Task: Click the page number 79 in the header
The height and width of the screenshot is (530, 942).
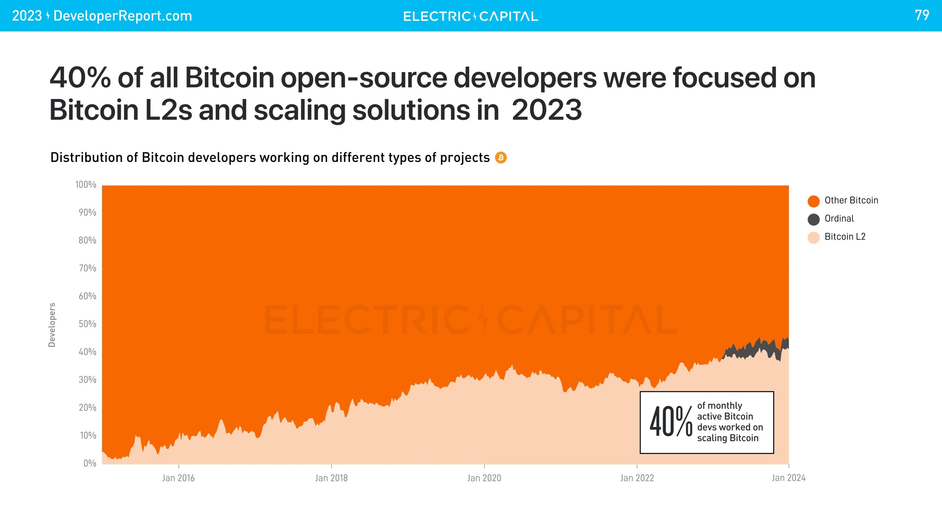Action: coord(922,15)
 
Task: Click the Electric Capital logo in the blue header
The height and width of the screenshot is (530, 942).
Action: coord(470,16)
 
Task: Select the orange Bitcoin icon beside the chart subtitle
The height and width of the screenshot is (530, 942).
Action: coord(501,158)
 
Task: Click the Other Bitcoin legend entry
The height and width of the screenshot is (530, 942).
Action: coord(851,201)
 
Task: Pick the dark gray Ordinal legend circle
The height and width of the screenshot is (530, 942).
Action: coord(813,219)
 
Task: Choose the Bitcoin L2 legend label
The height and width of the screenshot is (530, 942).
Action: coord(845,237)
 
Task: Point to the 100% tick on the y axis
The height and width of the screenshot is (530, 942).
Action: coord(86,185)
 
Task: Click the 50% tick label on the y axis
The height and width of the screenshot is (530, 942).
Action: coord(87,324)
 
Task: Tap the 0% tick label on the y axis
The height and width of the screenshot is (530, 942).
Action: coord(90,463)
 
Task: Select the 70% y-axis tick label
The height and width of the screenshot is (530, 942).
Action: coord(87,268)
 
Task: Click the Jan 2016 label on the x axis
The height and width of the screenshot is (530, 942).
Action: coord(178,478)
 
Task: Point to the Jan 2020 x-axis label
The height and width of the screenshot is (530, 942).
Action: coord(484,478)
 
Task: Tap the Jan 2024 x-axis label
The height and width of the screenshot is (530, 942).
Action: coord(788,478)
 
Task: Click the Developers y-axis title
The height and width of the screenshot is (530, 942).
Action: coord(52,325)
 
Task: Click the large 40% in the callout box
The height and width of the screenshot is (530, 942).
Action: coord(670,422)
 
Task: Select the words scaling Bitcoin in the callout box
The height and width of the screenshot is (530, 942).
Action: coord(727,438)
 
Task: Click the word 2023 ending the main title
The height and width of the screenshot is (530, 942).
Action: coord(546,110)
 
